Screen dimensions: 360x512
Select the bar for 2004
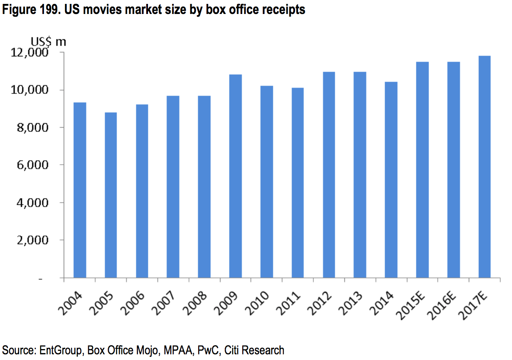(80, 190)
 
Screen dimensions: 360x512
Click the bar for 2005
(111, 195)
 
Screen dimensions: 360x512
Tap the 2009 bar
(236, 176)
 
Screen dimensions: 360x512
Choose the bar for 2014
(392, 180)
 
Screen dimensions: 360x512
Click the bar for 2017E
(485, 167)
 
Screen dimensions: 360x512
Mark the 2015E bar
(423, 170)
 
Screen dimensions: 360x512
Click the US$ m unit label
(48, 42)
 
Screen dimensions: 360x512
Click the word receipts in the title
(284, 10)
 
